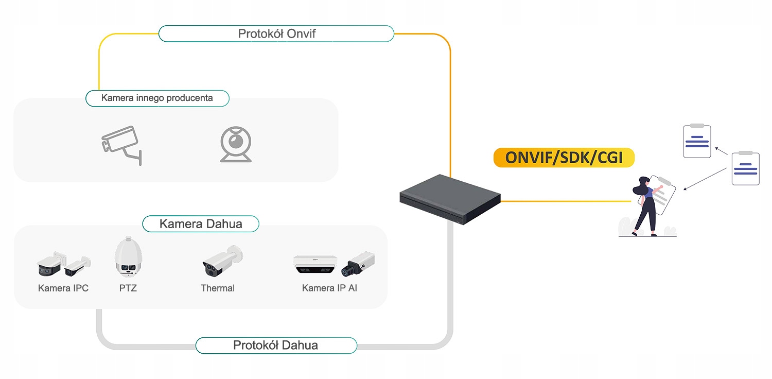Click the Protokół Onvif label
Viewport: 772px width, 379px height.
point(276,34)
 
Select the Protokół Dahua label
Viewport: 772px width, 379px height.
point(276,346)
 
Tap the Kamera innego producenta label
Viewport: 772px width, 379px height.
point(157,98)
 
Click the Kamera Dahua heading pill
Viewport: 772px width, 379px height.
point(201,224)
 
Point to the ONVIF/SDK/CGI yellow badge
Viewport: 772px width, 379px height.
point(564,158)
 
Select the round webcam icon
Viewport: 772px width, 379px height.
point(236,144)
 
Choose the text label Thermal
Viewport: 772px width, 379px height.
point(218,288)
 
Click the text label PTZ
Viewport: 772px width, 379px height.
point(128,288)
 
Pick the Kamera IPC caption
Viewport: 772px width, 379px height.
point(63,288)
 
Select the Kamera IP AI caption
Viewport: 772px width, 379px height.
point(329,288)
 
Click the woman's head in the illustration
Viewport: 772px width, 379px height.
point(644,183)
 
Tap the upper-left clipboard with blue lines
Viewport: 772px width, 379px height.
point(697,141)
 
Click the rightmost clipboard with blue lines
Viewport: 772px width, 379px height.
point(745,168)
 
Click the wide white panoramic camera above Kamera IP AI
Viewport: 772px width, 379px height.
point(315,263)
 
